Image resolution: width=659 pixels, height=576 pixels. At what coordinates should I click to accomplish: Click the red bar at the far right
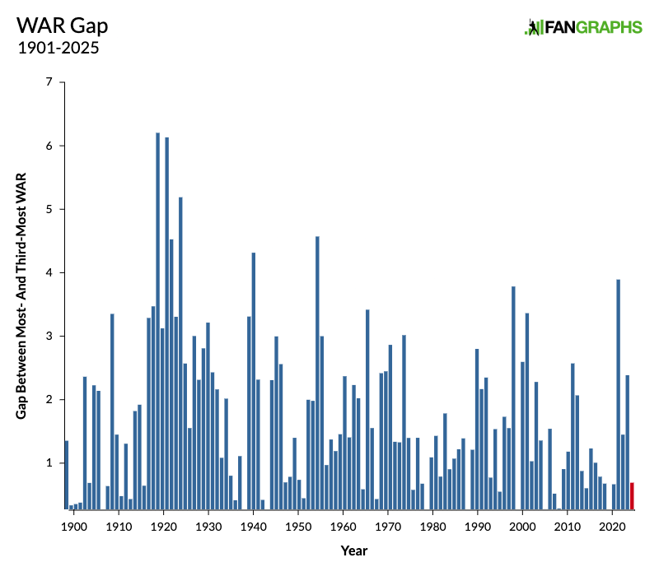click(632, 496)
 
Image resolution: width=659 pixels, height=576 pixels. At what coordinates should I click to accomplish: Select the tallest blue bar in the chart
click(157, 321)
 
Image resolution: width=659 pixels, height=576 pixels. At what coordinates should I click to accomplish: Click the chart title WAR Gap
click(63, 26)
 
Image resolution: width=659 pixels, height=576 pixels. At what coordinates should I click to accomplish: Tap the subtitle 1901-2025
click(58, 48)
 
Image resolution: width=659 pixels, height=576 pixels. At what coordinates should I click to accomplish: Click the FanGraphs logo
click(583, 27)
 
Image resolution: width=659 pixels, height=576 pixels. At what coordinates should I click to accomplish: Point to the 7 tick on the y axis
click(49, 81)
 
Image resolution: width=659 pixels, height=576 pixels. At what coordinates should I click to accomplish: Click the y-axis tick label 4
click(49, 272)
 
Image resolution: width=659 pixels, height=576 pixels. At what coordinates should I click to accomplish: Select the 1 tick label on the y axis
click(49, 462)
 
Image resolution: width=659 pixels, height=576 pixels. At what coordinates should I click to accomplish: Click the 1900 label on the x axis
click(74, 527)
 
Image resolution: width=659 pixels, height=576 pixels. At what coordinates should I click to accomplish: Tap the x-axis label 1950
click(298, 527)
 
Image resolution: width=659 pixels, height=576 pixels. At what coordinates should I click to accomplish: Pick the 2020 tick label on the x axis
click(612, 527)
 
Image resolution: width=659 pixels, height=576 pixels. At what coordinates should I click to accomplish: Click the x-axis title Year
click(354, 550)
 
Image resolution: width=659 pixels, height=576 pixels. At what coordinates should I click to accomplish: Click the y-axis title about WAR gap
click(21, 295)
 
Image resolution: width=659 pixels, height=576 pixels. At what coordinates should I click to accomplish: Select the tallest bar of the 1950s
click(317, 373)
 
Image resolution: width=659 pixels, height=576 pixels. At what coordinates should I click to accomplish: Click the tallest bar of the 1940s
click(254, 381)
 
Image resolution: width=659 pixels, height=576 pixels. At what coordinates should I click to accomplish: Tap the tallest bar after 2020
click(619, 395)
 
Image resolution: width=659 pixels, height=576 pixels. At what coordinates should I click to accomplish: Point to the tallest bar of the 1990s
click(513, 398)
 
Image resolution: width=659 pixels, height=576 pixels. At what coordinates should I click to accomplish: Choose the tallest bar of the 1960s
click(367, 410)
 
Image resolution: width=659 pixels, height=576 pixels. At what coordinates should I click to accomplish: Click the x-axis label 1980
click(433, 527)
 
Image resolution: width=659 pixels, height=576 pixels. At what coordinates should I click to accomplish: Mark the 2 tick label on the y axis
click(49, 399)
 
